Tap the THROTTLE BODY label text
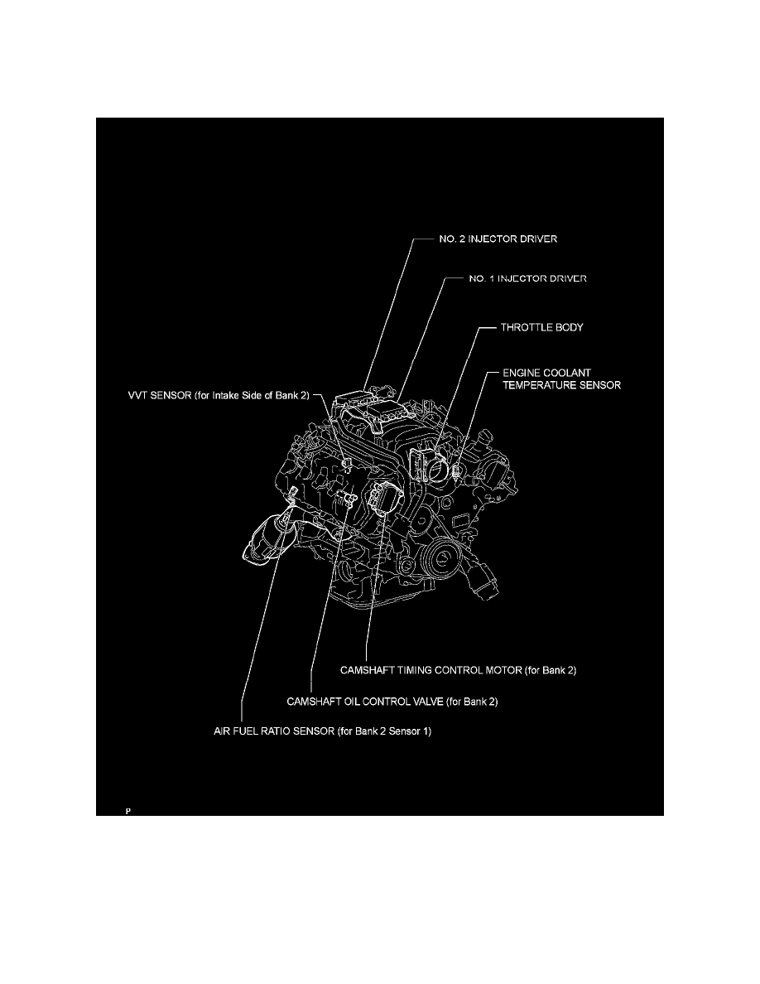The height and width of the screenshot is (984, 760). (541, 328)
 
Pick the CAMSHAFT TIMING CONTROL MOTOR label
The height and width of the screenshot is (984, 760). (464, 668)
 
